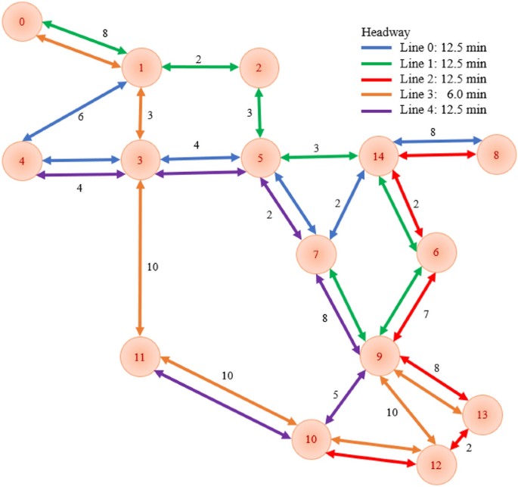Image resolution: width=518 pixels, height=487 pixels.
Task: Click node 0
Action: point(22,23)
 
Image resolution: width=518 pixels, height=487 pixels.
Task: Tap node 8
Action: point(496,155)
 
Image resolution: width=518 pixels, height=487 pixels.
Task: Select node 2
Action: point(259,67)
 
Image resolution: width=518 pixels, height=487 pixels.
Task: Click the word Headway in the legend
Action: point(386,33)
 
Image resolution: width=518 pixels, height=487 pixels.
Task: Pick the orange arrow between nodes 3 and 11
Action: point(140,258)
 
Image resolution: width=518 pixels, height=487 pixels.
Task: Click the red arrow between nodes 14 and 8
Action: point(438,155)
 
